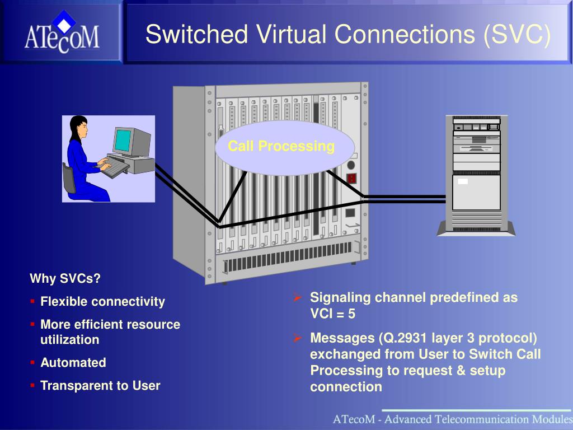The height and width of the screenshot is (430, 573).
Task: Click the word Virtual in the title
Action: coord(291,34)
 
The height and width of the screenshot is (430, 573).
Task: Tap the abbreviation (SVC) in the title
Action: coord(516,35)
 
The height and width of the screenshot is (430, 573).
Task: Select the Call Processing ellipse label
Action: coord(281,146)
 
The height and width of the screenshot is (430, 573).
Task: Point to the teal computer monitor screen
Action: coord(122,141)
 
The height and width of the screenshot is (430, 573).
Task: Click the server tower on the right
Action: coord(476,175)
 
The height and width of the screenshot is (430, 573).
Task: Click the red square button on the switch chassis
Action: coord(351,179)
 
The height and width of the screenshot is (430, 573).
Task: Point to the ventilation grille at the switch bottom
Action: coord(287,258)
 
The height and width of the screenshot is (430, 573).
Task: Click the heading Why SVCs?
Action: coord(65,279)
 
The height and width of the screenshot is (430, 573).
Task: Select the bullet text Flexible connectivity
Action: coord(103,302)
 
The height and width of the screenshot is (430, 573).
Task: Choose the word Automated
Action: coord(73,362)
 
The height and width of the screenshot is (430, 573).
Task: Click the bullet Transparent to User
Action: coord(100,385)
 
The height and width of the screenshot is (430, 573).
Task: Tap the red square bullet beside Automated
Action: coord(32,362)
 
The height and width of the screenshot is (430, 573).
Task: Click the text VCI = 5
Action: coord(332,314)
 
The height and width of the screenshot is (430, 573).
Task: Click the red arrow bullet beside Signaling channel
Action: coord(298,298)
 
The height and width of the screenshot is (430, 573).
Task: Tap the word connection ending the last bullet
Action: coord(346,387)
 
